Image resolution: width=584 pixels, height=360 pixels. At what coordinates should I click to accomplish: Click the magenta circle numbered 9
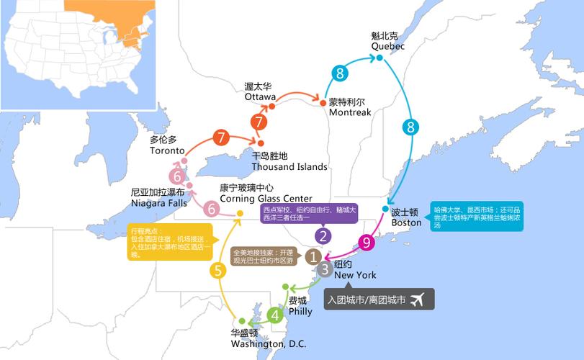pos(367,243)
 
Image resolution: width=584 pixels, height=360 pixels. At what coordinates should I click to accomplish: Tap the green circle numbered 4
pos(275,315)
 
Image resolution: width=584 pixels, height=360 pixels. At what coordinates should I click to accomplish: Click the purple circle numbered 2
pos(323,235)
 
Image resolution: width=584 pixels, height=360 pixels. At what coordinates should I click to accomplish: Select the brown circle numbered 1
pos(313,256)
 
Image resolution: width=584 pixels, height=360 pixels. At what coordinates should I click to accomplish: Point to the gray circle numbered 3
pos(325,270)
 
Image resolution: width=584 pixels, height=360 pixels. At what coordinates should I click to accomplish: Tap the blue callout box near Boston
pos(476,216)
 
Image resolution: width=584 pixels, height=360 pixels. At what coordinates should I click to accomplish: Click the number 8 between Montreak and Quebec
pos(339,72)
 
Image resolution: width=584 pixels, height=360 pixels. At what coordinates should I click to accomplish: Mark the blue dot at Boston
pos(386,209)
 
